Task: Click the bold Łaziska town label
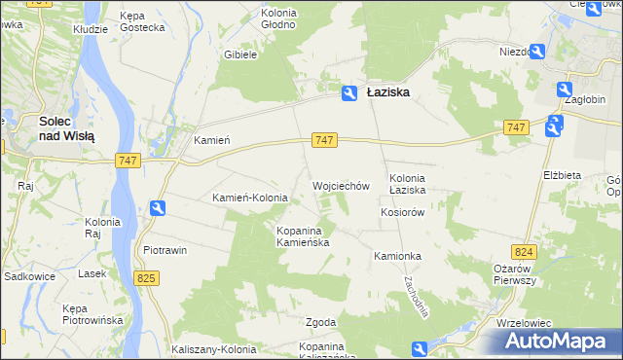tap(387, 92)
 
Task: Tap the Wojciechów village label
tap(340, 185)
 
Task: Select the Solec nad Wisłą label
tap(65, 128)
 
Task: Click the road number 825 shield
tap(147, 279)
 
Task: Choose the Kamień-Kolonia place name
tap(250, 198)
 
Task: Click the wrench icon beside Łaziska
tap(348, 92)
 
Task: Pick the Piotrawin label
tap(165, 250)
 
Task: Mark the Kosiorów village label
tap(404, 212)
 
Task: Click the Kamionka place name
tap(396, 256)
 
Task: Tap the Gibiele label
tap(239, 55)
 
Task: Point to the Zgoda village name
tap(321, 322)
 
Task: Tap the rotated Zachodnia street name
tap(416, 293)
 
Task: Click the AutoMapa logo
tap(558, 342)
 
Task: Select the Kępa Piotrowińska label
tap(91, 313)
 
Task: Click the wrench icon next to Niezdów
tap(537, 52)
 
